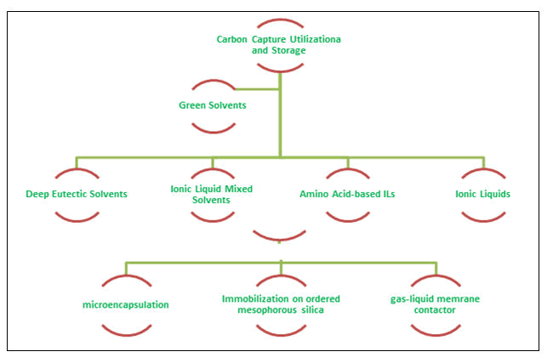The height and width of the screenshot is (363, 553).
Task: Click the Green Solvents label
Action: point(213,106)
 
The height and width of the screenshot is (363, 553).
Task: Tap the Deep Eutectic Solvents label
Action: point(77,194)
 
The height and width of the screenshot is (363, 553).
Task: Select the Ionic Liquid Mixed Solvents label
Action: point(213,194)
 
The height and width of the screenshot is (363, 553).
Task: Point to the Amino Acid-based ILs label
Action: point(347,194)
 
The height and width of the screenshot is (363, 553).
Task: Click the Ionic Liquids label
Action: point(482,194)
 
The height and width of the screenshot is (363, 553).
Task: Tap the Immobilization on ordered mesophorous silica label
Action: point(280,304)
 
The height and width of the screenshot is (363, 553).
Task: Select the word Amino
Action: point(315,194)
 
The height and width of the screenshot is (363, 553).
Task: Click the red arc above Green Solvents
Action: point(213,84)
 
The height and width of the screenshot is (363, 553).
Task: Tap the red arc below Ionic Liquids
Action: point(482,217)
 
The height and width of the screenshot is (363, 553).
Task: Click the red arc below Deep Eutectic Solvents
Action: point(77,217)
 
